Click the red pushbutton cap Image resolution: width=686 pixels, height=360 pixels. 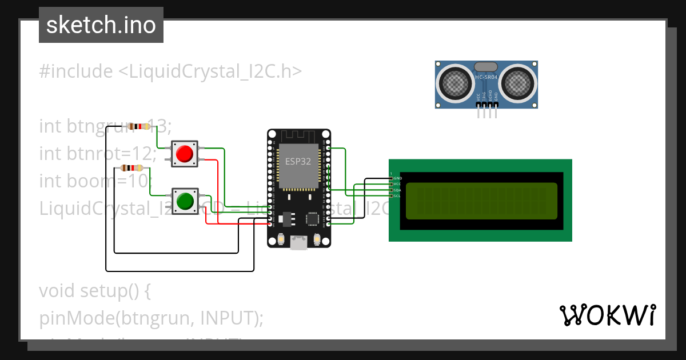tap(185, 154)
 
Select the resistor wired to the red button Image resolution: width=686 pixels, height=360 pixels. tap(138, 126)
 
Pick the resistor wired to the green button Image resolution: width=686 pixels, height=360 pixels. tap(133, 168)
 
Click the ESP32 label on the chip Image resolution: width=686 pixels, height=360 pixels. tap(298, 161)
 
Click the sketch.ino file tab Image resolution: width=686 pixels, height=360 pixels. tap(101, 25)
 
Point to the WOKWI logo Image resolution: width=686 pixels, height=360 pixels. tap(607, 315)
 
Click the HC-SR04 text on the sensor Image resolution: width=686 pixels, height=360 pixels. tap(486, 77)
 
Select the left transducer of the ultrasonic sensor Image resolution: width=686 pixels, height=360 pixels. tap(456, 83)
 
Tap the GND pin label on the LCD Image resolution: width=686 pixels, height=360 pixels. tap(397, 178)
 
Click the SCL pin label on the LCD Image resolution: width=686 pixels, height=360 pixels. tap(397, 196)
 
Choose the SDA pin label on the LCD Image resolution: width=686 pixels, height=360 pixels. tap(397, 190)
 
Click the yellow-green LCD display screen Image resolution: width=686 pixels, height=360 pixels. tap(481, 201)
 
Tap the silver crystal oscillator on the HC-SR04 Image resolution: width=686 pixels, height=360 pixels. tap(486, 67)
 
